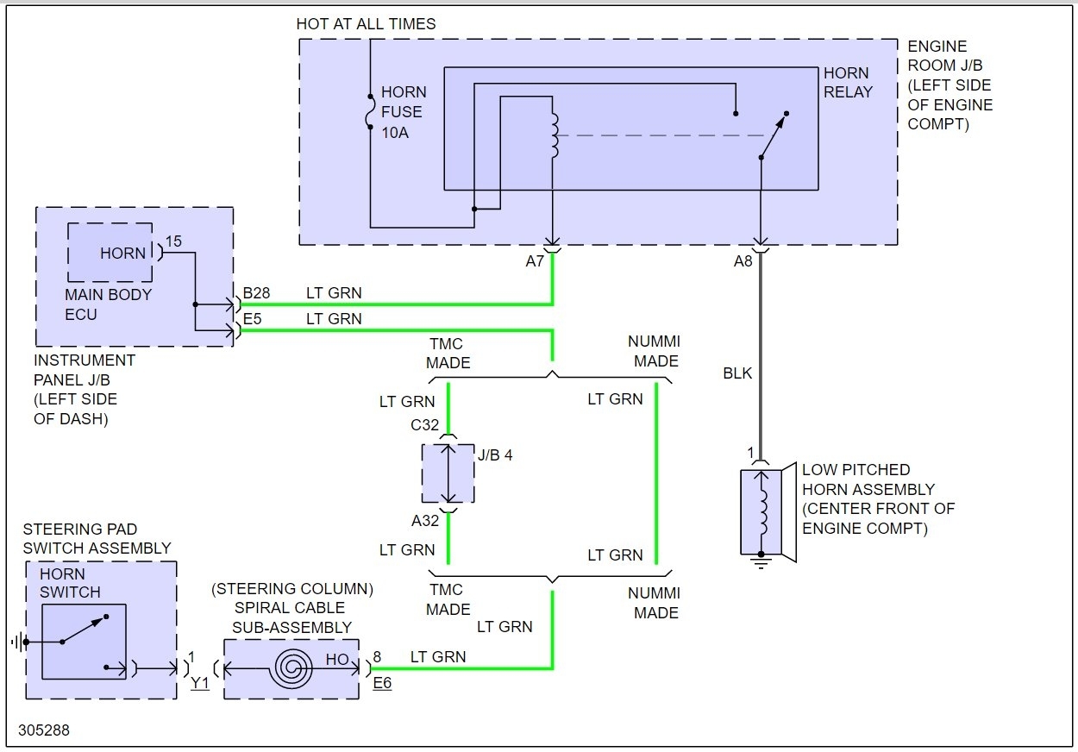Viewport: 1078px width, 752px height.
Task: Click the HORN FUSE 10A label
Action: [404, 111]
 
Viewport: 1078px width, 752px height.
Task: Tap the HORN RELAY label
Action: [848, 82]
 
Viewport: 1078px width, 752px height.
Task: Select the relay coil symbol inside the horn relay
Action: [554, 135]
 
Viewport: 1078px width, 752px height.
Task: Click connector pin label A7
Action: [535, 261]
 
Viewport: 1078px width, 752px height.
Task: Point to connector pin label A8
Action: [743, 261]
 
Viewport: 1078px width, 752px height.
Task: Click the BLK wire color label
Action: [737, 373]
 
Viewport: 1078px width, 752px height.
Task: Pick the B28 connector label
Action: [256, 293]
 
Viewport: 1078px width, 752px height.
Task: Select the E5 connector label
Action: [253, 319]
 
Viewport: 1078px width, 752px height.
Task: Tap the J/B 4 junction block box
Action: [448, 473]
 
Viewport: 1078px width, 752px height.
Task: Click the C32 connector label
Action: [425, 426]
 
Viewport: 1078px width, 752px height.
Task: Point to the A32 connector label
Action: [425, 520]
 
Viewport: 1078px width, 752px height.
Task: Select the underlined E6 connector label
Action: [382, 683]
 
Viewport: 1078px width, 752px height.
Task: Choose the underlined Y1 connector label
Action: [200, 683]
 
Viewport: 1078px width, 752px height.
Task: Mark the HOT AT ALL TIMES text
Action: [366, 24]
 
